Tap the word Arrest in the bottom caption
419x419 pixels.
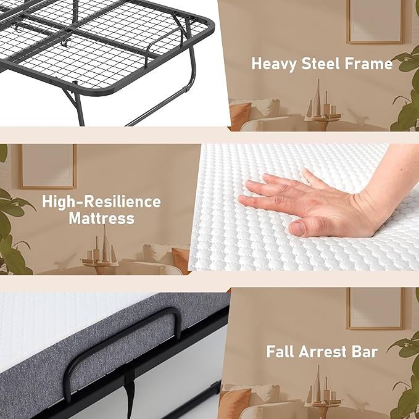coord(326,352)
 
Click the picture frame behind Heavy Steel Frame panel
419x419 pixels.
coord(375,22)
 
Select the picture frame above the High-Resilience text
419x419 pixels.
coord(47,165)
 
